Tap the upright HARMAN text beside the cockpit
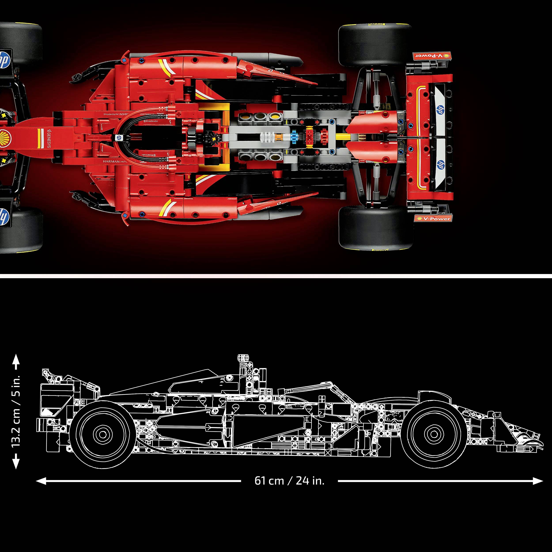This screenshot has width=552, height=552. pyautogui.click(x=112, y=162)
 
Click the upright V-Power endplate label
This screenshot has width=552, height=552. pyautogui.click(x=432, y=219)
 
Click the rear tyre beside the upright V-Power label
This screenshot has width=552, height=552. pyautogui.click(x=376, y=227)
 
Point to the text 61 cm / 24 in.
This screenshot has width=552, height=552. pyautogui.click(x=289, y=481)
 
